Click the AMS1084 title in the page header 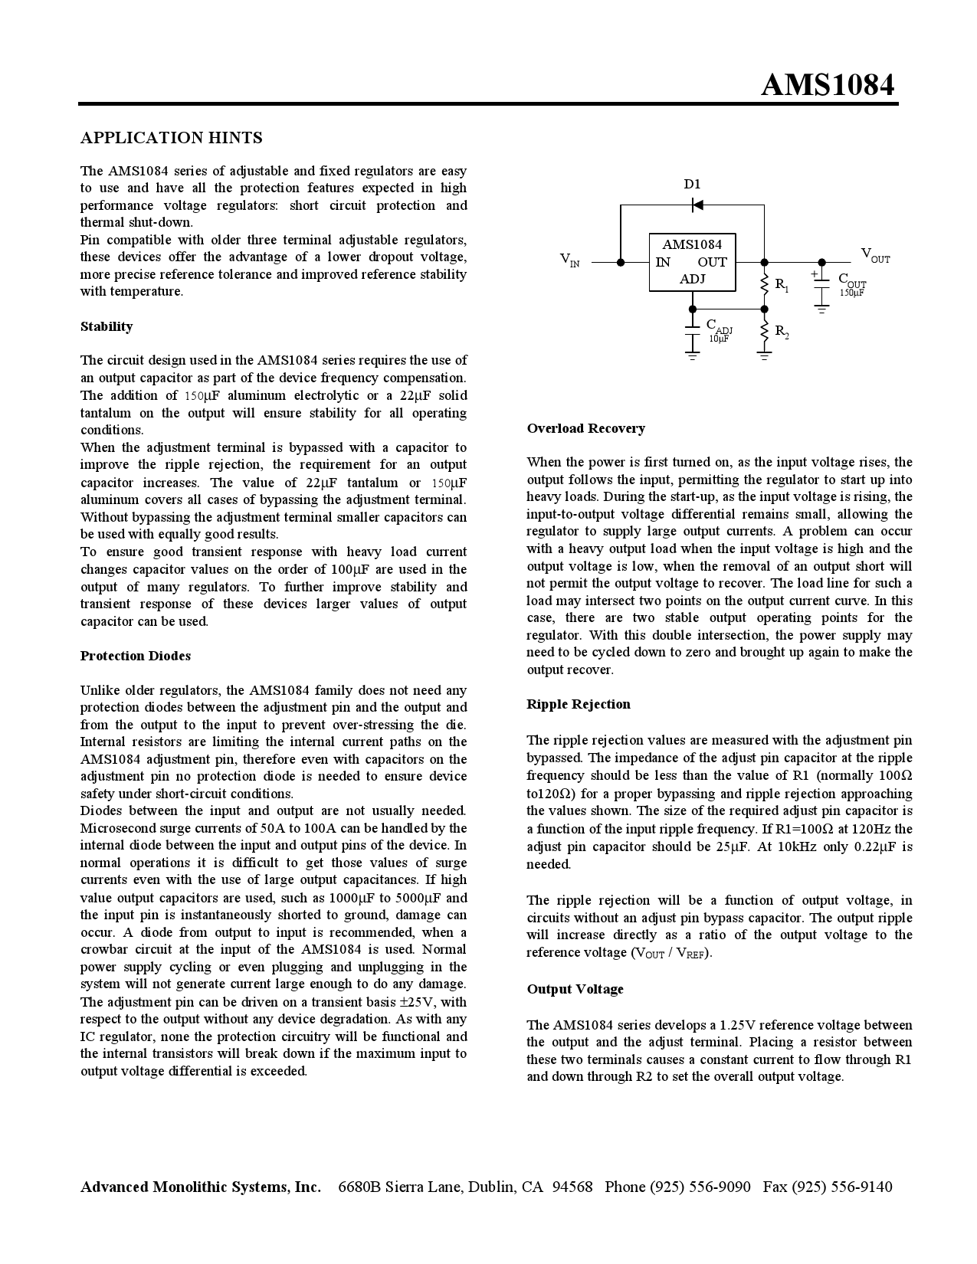tap(827, 85)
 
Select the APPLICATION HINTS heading tap(172, 138)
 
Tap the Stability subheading tap(107, 326)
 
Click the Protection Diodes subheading tap(136, 656)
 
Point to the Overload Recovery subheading tap(585, 428)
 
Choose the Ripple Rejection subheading tap(579, 704)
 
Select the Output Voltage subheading tap(575, 989)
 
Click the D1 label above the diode tap(692, 184)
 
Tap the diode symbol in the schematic tap(697, 205)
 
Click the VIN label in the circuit tap(569, 260)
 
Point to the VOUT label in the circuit tap(875, 255)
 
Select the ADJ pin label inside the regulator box tap(692, 279)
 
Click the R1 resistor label tap(782, 285)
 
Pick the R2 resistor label tap(782, 331)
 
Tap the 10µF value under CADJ tap(719, 339)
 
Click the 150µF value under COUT tap(851, 293)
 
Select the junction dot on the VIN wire tap(621, 262)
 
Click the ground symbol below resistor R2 tap(764, 355)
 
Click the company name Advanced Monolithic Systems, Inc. tap(201, 1187)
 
